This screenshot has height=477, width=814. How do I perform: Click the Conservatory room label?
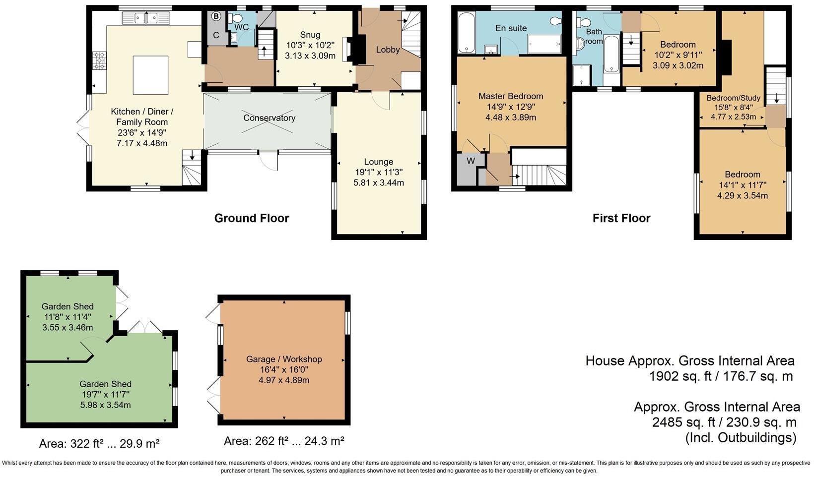pos(269,118)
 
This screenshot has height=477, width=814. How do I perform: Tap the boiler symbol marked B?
pos(216,16)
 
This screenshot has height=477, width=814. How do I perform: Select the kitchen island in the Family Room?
pos(150,75)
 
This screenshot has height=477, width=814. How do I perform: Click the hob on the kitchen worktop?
pos(99,60)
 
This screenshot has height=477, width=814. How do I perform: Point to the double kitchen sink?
pos(146,18)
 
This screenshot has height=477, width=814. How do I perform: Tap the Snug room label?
pos(310,35)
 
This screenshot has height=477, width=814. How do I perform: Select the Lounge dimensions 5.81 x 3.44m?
pos(379,183)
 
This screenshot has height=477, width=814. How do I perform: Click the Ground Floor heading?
pos(252,218)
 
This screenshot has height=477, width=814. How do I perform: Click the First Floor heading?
pos(621,218)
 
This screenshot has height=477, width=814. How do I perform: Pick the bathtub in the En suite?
pos(466,33)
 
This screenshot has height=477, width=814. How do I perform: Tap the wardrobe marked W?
pos(471,161)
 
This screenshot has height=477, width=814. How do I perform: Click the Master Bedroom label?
pos(511,96)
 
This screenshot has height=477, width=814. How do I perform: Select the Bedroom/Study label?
pos(733,98)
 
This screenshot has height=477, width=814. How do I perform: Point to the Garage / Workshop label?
pos(284,359)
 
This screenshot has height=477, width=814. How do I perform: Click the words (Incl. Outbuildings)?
pos(741,438)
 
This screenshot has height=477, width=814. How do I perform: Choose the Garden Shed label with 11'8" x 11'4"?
pos(68,306)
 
